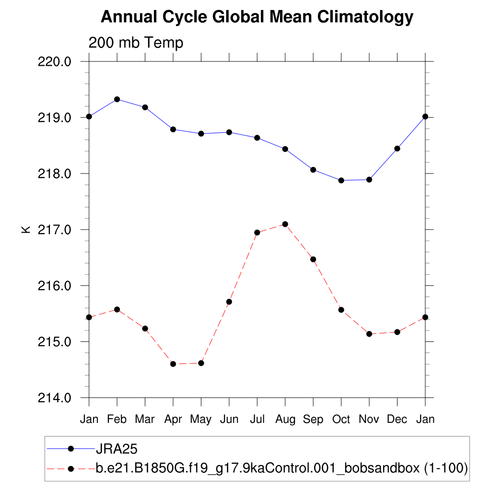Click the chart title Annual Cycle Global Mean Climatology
coord(257,17)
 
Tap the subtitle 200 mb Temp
coord(136,43)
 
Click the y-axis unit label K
coord(26,229)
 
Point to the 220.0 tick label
coord(54,62)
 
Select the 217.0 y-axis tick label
coord(54,230)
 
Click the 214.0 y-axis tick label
coord(54,398)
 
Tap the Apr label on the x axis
coord(173,420)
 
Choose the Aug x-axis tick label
coord(285,420)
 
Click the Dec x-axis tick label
coord(397,420)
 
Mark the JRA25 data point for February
coord(117,99)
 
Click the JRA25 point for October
coord(341,180)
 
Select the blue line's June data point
coord(229,132)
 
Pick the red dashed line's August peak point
coord(285,224)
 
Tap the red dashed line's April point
coord(173,364)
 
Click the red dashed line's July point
coord(257,233)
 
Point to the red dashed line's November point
coord(369,334)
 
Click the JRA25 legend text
coord(117,449)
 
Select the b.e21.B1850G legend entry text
coord(282,468)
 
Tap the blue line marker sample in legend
coord(71,449)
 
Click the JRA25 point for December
coord(397,149)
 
